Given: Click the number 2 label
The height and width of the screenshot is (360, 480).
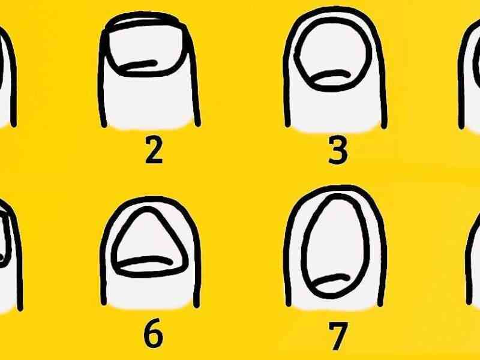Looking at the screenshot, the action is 154,149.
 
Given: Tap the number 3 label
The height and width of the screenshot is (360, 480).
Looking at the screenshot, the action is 338,149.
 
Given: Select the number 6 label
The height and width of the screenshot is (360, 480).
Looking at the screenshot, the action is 154,333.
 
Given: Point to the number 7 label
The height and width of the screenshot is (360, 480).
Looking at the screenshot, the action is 338,336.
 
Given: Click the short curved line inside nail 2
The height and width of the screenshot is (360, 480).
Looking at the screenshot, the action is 139,65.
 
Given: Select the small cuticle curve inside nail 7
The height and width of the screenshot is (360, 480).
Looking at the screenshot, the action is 333,278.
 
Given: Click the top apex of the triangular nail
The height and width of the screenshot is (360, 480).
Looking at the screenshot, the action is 148,208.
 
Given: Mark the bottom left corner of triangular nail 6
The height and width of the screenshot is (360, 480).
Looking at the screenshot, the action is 115,266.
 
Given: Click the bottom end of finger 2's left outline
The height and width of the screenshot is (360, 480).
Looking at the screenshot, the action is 104,125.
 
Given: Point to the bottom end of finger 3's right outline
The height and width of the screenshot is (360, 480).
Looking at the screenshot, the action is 385,125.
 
